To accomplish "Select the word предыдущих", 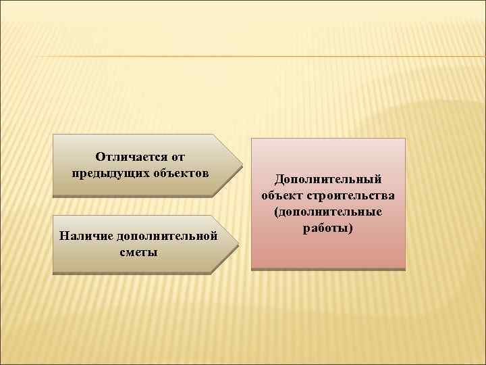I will pyautogui.click(x=107, y=172).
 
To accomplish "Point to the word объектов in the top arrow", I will pyautogui.click(x=178, y=172).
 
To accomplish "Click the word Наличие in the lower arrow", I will pyautogui.click(x=86, y=237).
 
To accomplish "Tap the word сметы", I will pyautogui.click(x=139, y=252).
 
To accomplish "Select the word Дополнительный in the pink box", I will pyautogui.click(x=328, y=180).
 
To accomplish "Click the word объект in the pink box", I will pyautogui.click(x=282, y=196).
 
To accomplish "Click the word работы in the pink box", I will pyautogui.click(x=327, y=228).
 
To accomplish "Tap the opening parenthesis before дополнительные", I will pyautogui.click(x=277, y=212).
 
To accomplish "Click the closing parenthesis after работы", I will pyautogui.click(x=350, y=228).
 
